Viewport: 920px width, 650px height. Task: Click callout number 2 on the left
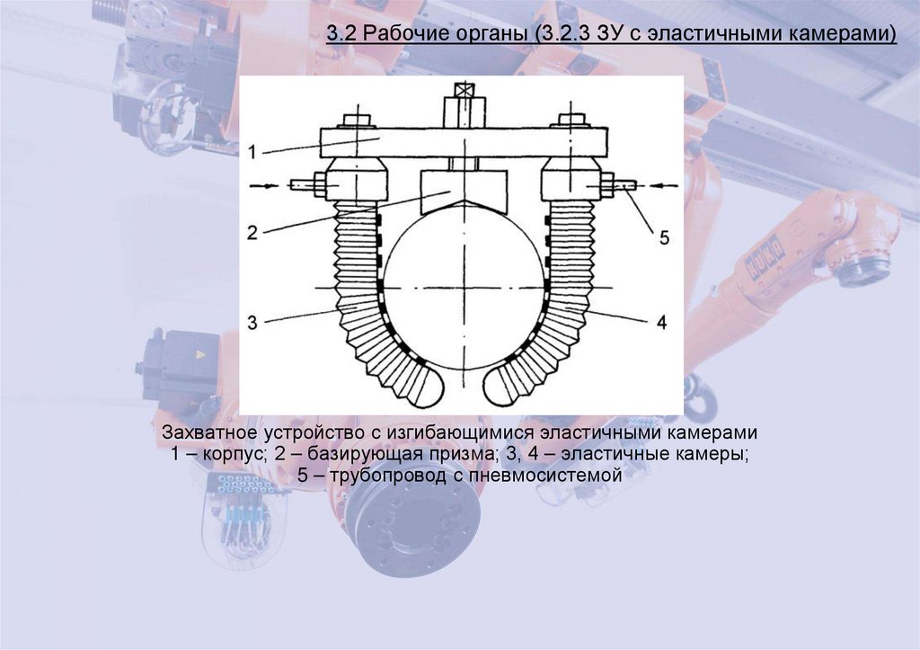(253, 232)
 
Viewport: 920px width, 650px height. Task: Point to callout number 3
(253, 321)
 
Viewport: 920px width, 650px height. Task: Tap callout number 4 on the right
(661, 321)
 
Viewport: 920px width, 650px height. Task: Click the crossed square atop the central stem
(464, 91)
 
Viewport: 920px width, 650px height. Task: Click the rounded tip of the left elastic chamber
(422, 388)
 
